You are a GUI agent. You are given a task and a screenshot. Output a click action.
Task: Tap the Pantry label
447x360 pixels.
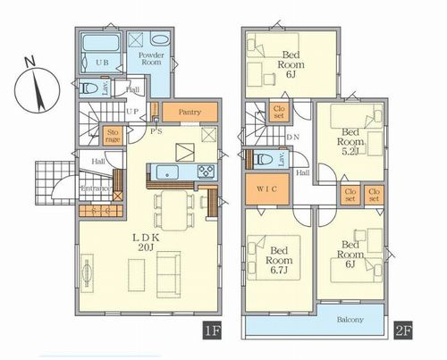189,113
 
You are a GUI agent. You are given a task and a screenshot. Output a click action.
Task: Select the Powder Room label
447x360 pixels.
150,60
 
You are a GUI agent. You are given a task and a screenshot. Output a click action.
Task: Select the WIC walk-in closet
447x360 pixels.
267,191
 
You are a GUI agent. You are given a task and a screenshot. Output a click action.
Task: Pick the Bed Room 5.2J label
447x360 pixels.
350,141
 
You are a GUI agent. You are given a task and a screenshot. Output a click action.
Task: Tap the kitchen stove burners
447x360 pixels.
205,172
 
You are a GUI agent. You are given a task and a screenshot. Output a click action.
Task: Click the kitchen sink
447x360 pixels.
165,172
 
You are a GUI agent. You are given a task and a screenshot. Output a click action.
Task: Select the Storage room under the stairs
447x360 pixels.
112,134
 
